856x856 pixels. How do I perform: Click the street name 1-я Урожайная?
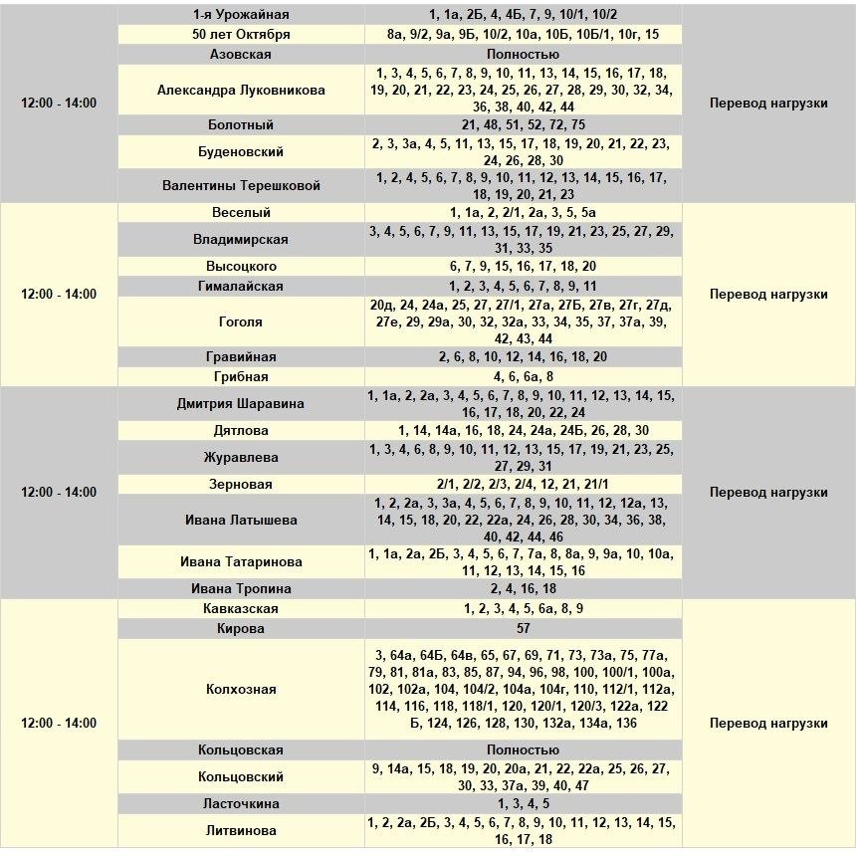[241, 14]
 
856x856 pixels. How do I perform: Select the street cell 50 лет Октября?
[241, 34]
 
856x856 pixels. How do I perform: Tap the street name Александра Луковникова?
[241, 91]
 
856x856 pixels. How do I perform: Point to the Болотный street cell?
[241, 125]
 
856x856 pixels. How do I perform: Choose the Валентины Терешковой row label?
[241, 186]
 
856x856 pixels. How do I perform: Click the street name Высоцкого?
[241, 267]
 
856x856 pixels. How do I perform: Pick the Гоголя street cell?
[241, 322]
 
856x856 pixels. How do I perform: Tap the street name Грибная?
[241, 377]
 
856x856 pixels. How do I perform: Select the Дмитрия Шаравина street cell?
[241, 404]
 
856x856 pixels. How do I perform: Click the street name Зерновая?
[241, 485]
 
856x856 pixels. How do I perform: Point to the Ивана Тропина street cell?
[241, 589]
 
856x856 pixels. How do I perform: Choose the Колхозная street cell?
[241, 690]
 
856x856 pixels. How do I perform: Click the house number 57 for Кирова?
[524, 629]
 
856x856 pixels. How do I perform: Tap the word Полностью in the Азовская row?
[524, 55]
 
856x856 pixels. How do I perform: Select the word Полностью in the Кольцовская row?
[524, 750]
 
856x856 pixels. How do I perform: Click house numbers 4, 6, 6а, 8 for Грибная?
[524, 377]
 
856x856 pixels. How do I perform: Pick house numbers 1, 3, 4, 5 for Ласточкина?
[524, 804]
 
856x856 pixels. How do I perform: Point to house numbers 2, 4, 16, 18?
[524, 589]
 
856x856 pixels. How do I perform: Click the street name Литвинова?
[241, 831]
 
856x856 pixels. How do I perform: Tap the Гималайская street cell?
[241, 287]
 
